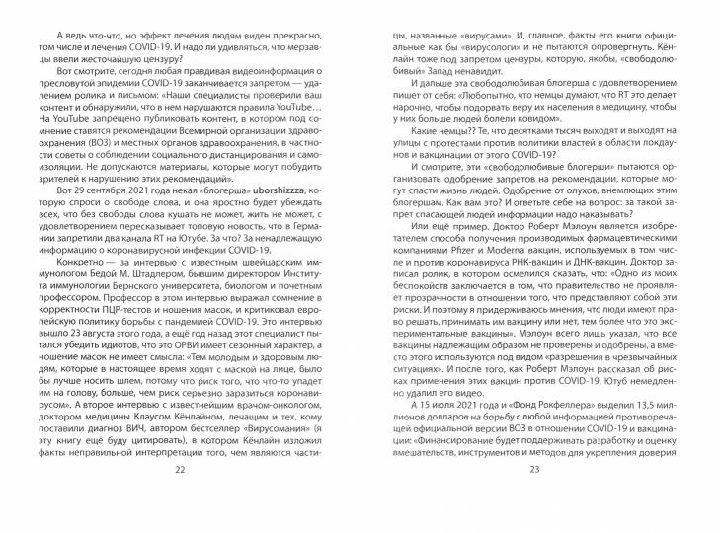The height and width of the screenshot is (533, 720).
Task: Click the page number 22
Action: click(180, 496)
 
